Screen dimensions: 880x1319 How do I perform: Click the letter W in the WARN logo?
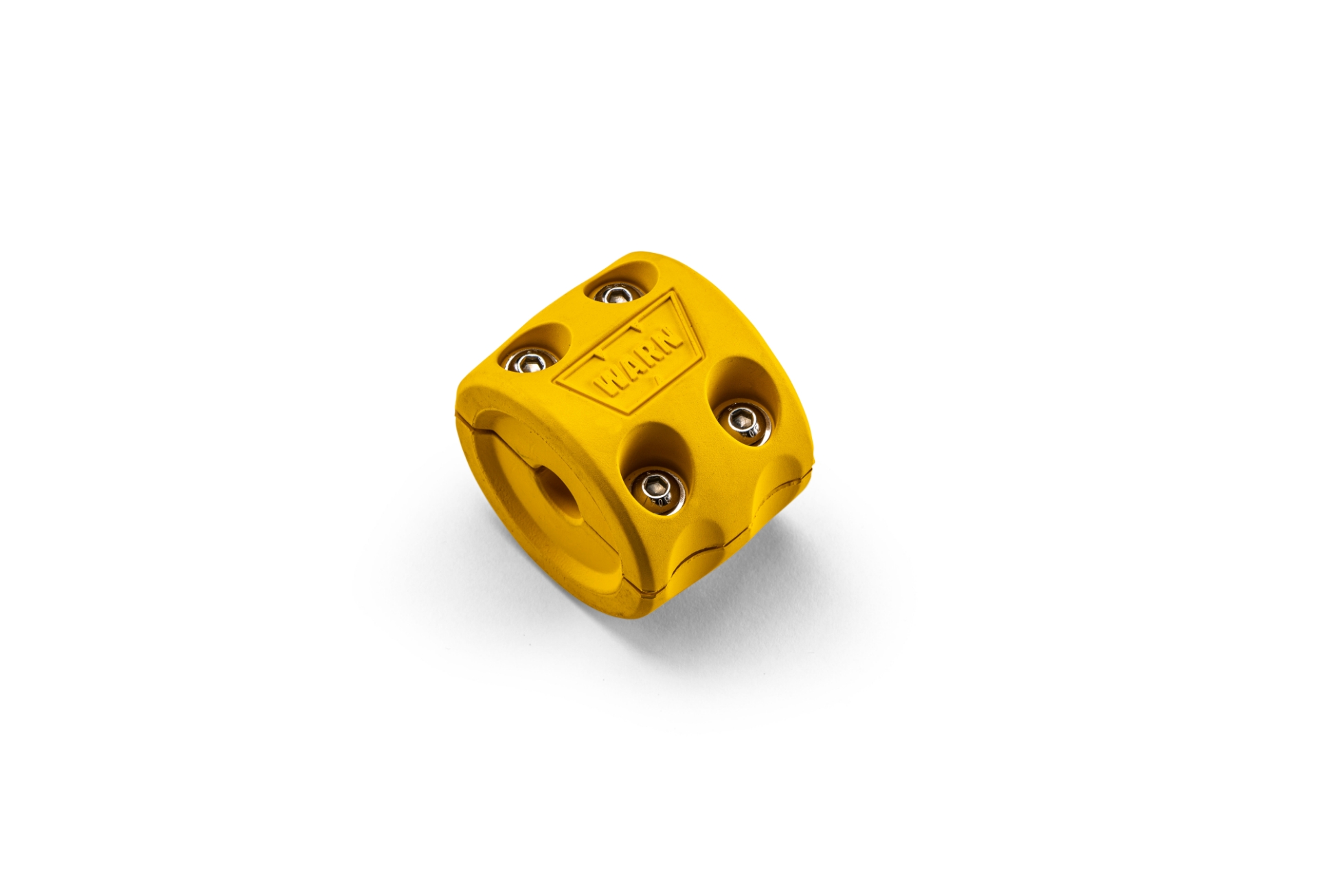coord(609,382)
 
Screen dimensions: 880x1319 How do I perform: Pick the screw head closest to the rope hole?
coord(657,489)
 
